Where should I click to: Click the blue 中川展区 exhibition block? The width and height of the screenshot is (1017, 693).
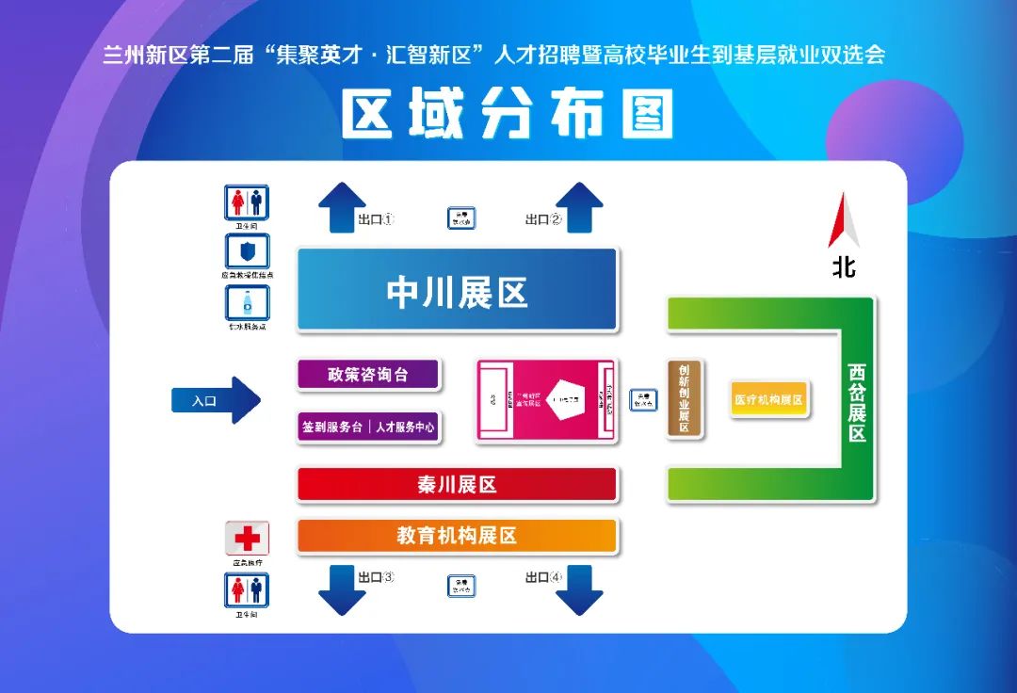(x=457, y=290)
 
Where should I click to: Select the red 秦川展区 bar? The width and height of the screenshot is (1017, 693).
(x=457, y=485)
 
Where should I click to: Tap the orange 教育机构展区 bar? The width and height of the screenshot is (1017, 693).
(x=457, y=536)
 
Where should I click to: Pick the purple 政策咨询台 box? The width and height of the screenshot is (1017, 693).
(x=368, y=375)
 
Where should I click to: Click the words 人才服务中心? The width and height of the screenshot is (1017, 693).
(x=405, y=427)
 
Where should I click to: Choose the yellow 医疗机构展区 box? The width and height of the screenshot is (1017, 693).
(x=769, y=399)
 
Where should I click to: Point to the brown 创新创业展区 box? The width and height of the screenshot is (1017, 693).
(x=685, y=399)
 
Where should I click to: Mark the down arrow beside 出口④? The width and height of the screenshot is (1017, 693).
(x=579, y=588)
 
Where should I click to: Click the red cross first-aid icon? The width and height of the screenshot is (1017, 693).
(x=247, y=538)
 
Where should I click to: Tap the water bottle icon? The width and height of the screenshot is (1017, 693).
(x=247, y=303)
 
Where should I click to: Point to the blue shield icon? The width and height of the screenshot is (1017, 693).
(x=247, y=251)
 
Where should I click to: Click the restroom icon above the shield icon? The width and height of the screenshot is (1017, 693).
(x=247, y=201)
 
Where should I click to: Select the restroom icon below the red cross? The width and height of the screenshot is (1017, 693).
(x=247, y=589)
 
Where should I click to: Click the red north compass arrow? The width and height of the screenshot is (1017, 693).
(x=844, y=222)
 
